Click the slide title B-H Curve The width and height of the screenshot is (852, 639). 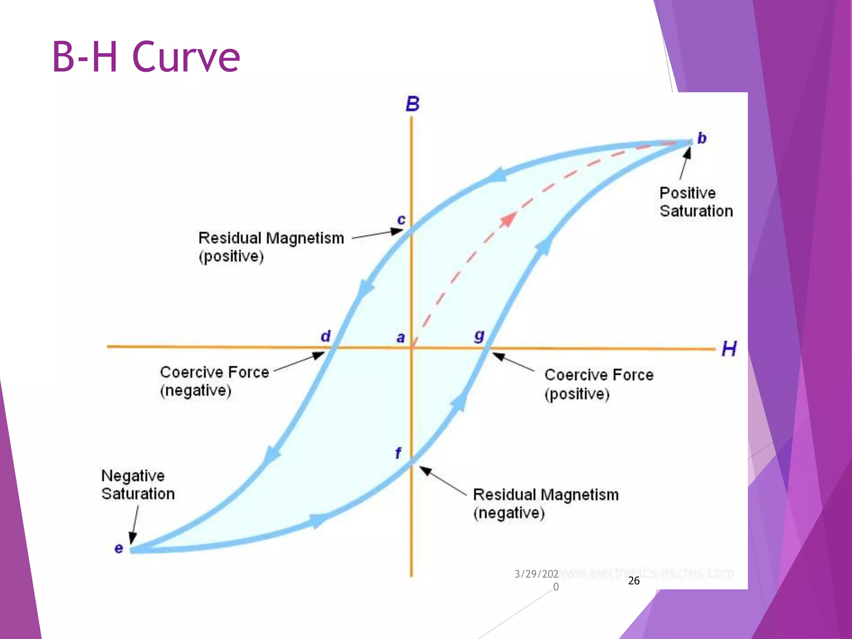(x=146, y=57)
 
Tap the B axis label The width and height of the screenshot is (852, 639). (x=412, y=104)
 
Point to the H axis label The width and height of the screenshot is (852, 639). (x=729, y=349)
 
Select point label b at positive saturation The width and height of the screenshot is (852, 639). (x=702, y=138)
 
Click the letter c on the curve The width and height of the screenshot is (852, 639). (x=401, y=219)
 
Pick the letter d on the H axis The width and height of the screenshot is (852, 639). (x=325, y=336)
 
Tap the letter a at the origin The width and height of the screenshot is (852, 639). (x=400, y=337)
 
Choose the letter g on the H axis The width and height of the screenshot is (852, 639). (x=479, y=335)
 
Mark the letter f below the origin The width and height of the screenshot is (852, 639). (x=398, y=453)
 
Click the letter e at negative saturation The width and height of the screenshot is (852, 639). (x=119, y=548)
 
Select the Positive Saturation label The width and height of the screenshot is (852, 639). (x=696, y=202)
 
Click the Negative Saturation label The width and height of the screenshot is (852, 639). (x=138, y=485)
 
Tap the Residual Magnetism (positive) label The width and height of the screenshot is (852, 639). (x=271, y=247)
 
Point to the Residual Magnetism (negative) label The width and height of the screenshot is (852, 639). (x=545, y=503)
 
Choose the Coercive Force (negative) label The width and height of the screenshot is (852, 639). (x=214, y=381)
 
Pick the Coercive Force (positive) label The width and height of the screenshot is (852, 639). (x=599, y=384)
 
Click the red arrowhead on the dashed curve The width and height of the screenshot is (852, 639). (x=508, y=218)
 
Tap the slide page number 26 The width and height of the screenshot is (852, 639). (x=634, y=581)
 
